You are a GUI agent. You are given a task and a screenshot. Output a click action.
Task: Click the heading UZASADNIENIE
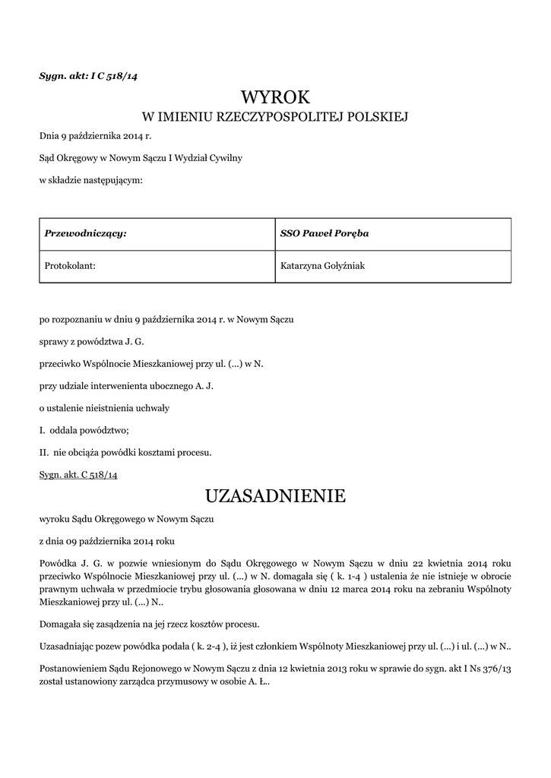click(275, 496)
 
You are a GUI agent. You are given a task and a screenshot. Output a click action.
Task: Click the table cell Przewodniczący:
click(85, 233)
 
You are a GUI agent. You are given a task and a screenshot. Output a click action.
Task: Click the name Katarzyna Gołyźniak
click(323, 266)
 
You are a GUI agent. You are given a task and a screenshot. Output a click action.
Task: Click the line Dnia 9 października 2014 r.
click(95, 138)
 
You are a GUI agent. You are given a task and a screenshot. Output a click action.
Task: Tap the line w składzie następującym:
click(90, 180)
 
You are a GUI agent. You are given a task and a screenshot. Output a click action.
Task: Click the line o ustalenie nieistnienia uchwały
click(104, 408)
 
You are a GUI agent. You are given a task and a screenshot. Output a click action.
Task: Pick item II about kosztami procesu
click(125, 452)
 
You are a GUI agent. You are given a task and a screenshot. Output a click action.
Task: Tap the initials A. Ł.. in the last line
click(261, 682)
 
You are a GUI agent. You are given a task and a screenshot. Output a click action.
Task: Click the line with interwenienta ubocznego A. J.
click(127, 386)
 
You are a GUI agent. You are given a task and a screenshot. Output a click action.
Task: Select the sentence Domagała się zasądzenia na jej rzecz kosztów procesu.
click(149, 625)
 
